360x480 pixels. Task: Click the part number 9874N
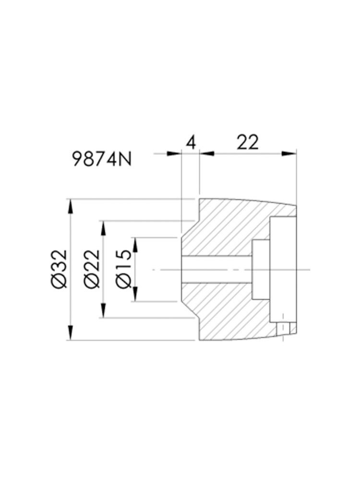[x=102, y=159]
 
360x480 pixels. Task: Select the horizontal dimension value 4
[x=191, y=143]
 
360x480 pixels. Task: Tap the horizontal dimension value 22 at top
[x=248, y=142]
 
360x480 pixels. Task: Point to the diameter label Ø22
[x=92, y=268]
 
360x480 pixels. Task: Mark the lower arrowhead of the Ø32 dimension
[x=71, y=332]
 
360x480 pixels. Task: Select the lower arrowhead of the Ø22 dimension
[x=104, y=310]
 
